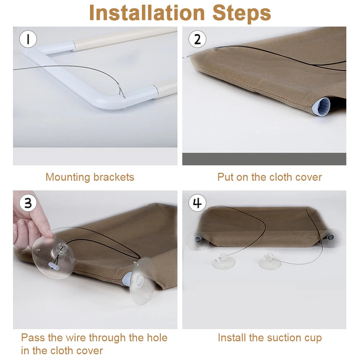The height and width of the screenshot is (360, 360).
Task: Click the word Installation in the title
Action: pyautogui.click(x=147, y=13)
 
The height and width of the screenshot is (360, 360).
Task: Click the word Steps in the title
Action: pyautogui.click(x=242, y=13)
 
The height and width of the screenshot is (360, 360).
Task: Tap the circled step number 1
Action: pyautogui.click(x=28, y=39)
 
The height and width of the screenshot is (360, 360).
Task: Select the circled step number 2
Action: pyautogui.click(x=197, y=39)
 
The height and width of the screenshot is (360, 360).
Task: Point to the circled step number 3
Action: pyautogui.click(x=28, y=203)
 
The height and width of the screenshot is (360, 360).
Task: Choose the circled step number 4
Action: pyautogui.click(x=197, y=203)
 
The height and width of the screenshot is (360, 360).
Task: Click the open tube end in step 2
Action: pyautogui.click(x=321, y=107)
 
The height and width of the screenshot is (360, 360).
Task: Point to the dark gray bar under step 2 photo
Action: pyautogui.click(x=264, y=159)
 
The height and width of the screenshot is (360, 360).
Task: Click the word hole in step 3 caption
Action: pyautogui.click(x=157, y=338)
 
